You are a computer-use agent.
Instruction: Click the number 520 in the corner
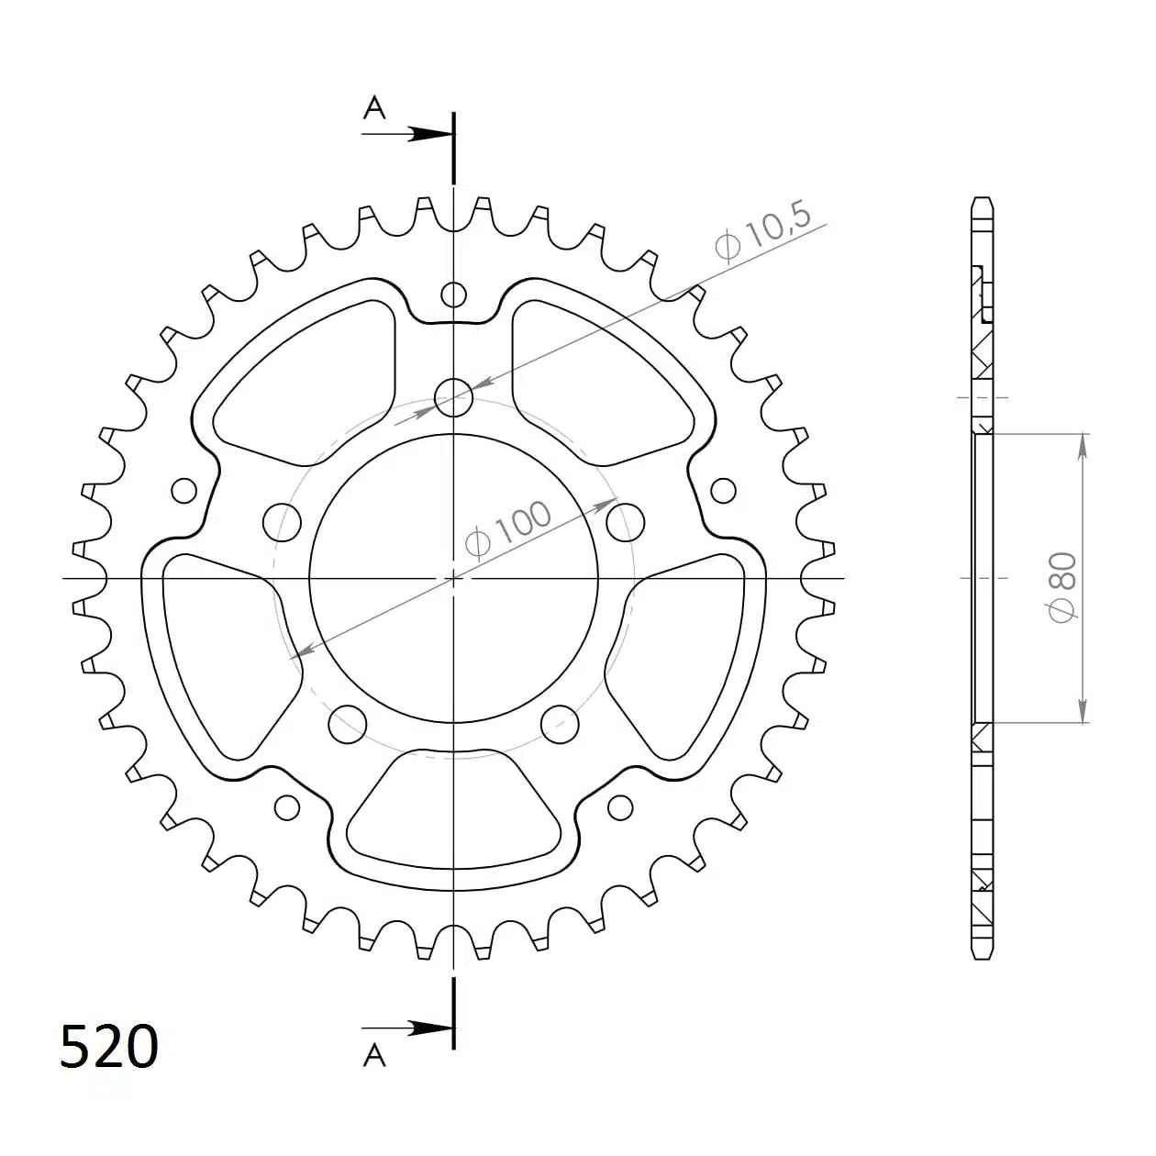coord(109,1047)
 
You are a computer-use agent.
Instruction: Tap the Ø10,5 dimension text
coord(761,233)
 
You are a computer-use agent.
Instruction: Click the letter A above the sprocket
coord(374,109)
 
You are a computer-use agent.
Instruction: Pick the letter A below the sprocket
coord(374,1056)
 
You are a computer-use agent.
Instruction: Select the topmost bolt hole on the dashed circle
coord(453,398)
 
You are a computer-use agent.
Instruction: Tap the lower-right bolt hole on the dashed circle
coord(560,724)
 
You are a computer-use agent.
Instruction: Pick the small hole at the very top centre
coord(453,295)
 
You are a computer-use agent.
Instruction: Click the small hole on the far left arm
coord(184,490)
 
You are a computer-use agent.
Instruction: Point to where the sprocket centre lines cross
coord(453,578)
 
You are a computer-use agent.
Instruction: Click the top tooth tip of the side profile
coord(982,199)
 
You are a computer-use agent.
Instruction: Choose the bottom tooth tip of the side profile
coord(982,957)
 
